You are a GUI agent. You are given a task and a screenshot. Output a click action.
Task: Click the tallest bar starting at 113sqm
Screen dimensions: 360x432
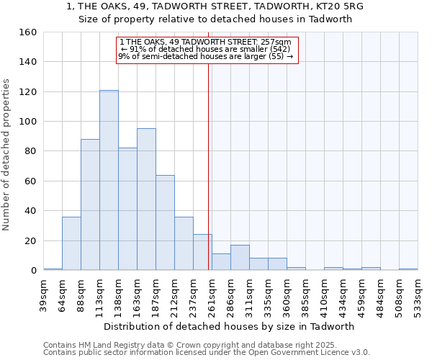click(x=109, y=180)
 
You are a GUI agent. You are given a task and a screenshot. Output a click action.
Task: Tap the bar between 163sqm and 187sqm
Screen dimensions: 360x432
click(x=146, y=199)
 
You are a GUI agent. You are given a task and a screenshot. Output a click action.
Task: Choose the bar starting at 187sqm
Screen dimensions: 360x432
click(x=165, y=222)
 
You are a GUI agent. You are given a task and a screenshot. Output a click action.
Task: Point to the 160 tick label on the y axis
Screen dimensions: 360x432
click(x=27, y=32)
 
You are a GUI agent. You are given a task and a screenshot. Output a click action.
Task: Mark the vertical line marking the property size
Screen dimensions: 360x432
click(x=209, y=158)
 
